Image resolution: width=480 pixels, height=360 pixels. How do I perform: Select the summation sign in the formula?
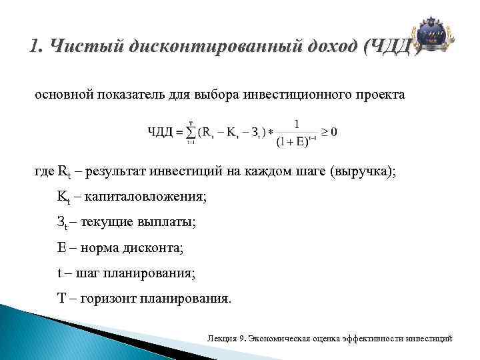pos(191,133)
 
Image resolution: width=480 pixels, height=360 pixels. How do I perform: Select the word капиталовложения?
pos(147,197)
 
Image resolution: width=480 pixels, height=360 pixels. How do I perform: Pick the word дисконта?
pos(156,248)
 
